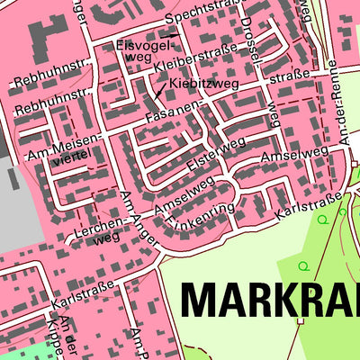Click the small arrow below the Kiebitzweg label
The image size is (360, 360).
[160, 90]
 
